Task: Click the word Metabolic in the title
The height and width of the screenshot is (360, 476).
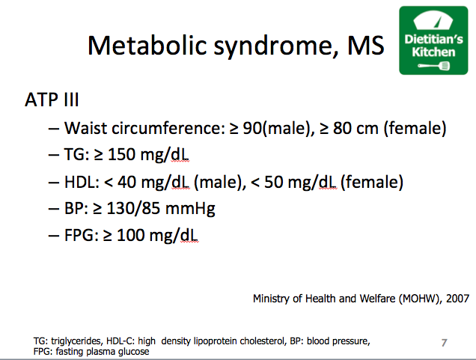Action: [147, 46]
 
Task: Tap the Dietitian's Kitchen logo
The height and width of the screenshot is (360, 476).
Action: [433, 40]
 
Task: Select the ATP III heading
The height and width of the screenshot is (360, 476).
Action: [52, 100]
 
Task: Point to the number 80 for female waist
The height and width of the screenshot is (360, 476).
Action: [342, 128]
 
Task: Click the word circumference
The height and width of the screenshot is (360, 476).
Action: [168, 128]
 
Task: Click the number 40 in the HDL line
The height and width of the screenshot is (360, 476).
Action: [127, 182]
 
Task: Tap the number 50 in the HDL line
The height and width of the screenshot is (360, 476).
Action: [273, 182]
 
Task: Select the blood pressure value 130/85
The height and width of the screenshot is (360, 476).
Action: [133, 208]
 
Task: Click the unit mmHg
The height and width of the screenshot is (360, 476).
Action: [190, 209]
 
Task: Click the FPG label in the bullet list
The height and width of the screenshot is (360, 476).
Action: [79, 235]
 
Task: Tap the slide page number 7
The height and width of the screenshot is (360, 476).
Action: [444, 343]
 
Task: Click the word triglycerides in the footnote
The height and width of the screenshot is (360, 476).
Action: [76, 341]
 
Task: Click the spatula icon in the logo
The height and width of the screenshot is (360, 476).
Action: [434, 66]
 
